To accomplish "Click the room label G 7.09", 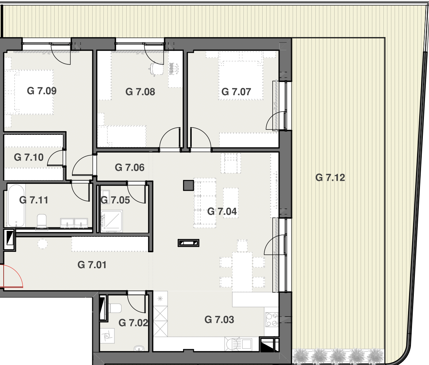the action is (x=42, y=91).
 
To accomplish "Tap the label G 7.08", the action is (x=140, y=92).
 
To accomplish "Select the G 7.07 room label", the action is (x=236, y=92).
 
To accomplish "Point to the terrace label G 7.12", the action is (x=330, y=178).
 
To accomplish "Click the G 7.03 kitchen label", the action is (x=219, y=319).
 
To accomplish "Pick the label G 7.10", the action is (x=29, y=158).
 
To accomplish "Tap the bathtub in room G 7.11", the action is (x=16, y=206).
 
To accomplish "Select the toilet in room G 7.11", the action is (x=42, y=221).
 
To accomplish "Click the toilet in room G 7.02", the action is (x=115, y=308).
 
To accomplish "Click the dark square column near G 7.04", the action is (x=188, y=186).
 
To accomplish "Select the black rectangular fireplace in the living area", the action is (x=188, y=243).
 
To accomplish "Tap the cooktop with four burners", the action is (x=271, y=320).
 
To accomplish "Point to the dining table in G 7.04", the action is (x=242, y=272).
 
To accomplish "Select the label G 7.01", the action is (x=92, y=265).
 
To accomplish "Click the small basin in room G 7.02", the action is (x=139, y=349).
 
